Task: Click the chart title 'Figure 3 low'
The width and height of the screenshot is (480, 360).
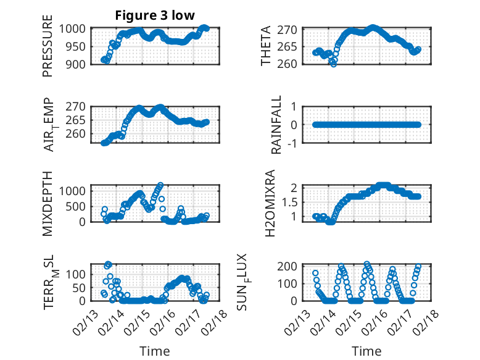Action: (x=155, y=15)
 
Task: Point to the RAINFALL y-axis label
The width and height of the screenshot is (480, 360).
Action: (x=276, y=125)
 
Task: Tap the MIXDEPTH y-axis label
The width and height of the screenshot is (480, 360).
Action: (x=48, y=203)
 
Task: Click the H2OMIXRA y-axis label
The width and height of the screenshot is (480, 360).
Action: (x=270, y=203)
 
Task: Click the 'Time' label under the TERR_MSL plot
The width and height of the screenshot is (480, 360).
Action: (x=155, y=351)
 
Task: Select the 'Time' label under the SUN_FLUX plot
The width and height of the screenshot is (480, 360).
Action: (x=366, y=351)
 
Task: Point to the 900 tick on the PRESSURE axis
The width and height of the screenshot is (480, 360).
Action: (x=77, y=64)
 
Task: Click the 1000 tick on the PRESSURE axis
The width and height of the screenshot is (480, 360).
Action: (x=73, y=29)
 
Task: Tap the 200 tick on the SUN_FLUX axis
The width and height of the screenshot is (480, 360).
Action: (x=292, y=266)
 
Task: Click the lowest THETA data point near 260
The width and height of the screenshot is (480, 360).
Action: (x=334, y=64)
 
